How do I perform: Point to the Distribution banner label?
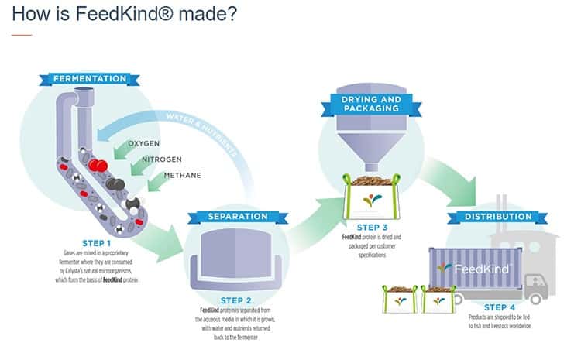pyautogui.click(x=493, y=216)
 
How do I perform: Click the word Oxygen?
pyautogui.click(x=143, y=144)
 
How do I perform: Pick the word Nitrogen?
pyautogui.click(x=161, y=160)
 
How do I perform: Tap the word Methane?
pyautogui.click(x=184, y=176)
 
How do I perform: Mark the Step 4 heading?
pyautogui.click(x=493, y=307)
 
